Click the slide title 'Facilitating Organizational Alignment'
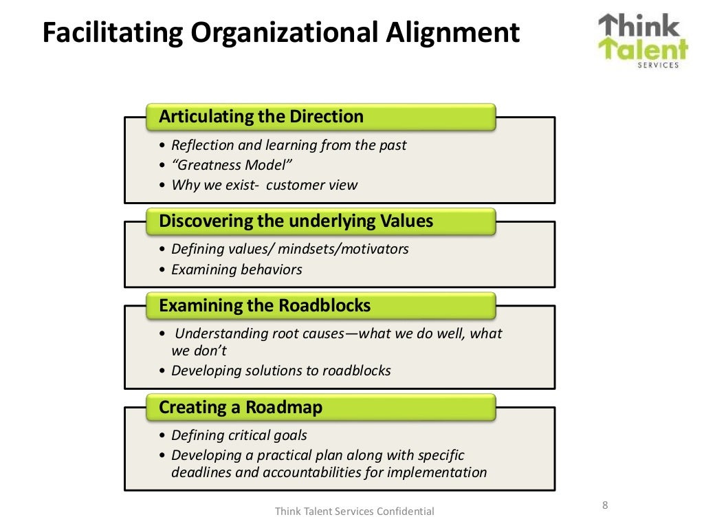tap(280, 32)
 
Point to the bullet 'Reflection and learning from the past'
tap(289, 145)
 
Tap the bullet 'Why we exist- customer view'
tap(264, 185)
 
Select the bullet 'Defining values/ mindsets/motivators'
tap(289, 249)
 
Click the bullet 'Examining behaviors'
tap(236, 269)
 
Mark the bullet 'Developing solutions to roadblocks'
tap(280, 371)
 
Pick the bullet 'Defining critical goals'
tap(239, 435)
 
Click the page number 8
tap(605, 505)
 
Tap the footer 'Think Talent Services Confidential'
tap(355, 511)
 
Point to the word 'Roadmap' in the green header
tap(284, 408)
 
